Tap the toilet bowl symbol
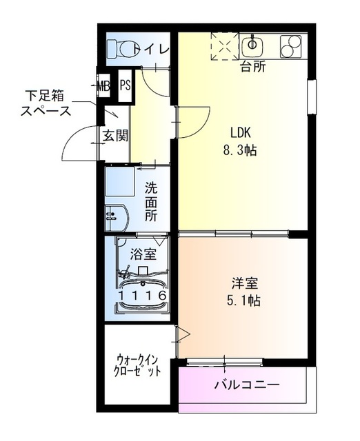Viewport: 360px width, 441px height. (121, 49)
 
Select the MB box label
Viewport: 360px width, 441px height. (103, 86)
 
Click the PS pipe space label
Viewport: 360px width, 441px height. (125, 85)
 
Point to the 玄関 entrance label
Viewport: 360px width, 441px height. (115, 135)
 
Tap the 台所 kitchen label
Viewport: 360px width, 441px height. (252, 68)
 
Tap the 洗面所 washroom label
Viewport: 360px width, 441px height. (151, 200)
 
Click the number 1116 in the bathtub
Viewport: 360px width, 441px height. (142, 295)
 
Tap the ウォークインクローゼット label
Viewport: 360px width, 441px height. (139, 364)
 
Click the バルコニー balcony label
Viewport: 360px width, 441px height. (246, 384)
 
